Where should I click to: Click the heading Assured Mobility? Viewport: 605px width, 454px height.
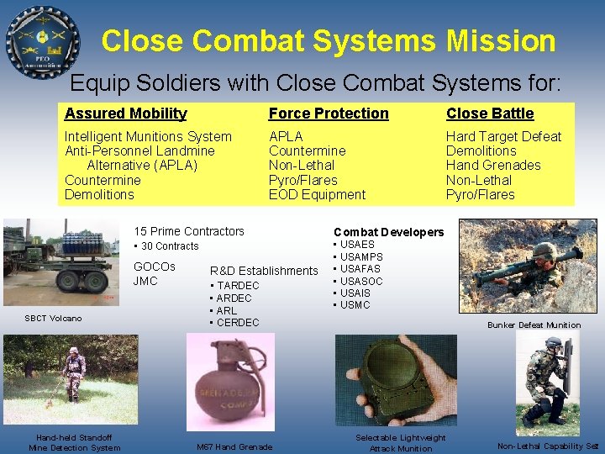tap(125, 113)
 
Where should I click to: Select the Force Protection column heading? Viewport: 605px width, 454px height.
tap(329, 113)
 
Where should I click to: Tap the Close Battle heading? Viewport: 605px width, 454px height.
tap(490, 113)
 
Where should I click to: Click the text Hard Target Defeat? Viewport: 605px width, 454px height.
tap(503, 136)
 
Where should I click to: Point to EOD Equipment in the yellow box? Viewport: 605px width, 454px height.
tap(317, 194)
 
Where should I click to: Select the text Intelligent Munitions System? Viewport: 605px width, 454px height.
tap(148, 136)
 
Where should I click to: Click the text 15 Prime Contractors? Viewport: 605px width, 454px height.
tap(189, 231)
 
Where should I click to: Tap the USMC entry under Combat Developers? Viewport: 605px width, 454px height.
tap(357, 304)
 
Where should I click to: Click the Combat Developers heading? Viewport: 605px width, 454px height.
tap(388, 232)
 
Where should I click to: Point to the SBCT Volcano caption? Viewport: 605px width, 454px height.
tap(53, 318)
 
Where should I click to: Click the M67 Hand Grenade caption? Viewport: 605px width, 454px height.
tap(234, 446)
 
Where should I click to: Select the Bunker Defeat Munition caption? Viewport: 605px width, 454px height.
tap(534, 325)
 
